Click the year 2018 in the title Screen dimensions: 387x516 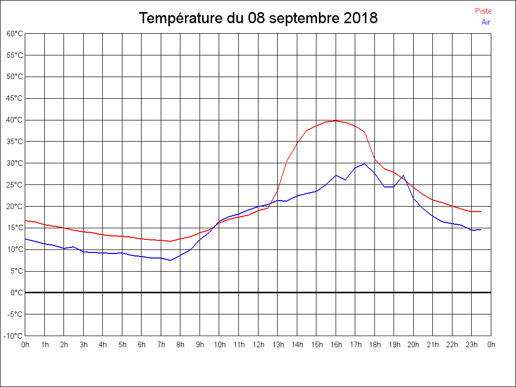tap(360, 19)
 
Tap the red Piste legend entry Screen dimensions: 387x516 tap(483, 11)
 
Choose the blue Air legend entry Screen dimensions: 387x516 tap(486, 22)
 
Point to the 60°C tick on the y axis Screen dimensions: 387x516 tap(15, 34)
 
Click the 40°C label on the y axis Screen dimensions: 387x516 tap(15, 120)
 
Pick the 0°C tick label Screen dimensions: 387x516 tap(17, 292)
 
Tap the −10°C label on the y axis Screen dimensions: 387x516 tap(13, 336)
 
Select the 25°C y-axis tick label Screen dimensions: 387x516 tap(15, 185)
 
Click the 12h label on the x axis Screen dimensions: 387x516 tap(258, 345)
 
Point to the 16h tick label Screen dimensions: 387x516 tap(336, 345)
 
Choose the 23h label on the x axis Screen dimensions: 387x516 tap(472, 345)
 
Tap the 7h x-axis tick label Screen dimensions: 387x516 tap(161, 345)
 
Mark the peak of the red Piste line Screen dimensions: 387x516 tap(336, 120)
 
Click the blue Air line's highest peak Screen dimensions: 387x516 tap(364, 163)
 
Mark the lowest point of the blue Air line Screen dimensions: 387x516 tap(170, 260)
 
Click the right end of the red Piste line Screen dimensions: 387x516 tap(481, 212)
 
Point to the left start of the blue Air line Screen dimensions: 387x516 tap(25, 239)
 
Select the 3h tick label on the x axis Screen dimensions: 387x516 tap(84, 345)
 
